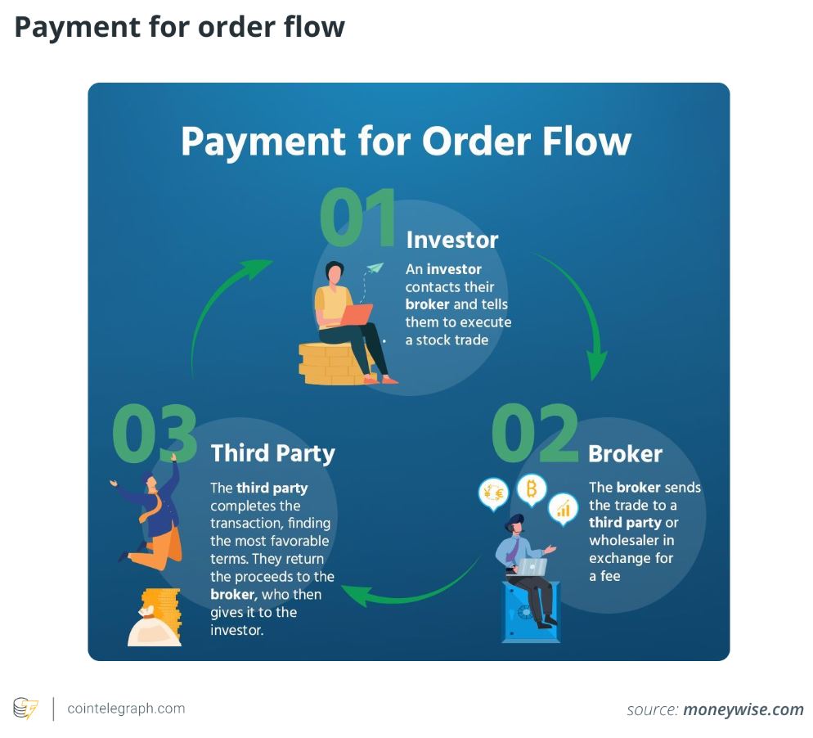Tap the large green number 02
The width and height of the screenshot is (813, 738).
(x=535, y=434)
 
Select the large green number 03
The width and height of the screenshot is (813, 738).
(x=155, y=434)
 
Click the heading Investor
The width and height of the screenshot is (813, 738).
(x=451, y=240)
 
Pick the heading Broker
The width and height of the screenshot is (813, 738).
(x=625, y=454)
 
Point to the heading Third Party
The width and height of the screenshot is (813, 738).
(x=272, y=453)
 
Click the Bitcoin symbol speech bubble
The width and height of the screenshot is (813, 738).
(x=532, y=490)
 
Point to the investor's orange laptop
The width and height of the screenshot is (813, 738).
(x=356, y=313)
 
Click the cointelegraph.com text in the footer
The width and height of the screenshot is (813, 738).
(x=126, y=709)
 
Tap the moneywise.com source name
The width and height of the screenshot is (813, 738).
(x=743, y=709)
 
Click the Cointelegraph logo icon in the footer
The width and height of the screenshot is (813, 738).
(x=25, y=709)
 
